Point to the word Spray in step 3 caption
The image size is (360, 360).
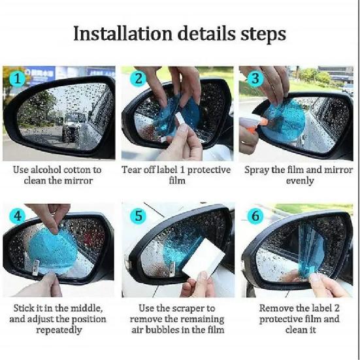[257, 170]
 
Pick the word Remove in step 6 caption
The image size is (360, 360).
[276, 308]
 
